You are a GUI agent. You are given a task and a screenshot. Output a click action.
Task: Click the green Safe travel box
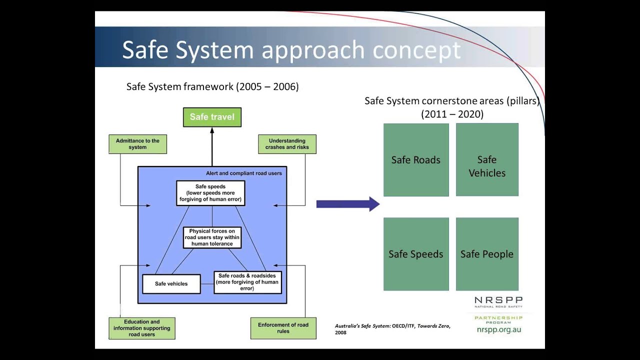tap(212, 117)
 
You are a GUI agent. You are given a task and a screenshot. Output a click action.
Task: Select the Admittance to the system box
tap(137, 144)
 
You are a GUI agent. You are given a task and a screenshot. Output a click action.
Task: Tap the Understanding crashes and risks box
tap(287, 144)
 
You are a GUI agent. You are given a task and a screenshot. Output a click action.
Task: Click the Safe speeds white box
tap(210, 193)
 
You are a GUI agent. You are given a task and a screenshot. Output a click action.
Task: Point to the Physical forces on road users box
tap(212, 237)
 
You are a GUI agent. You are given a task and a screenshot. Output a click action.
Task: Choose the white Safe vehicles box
tap(171, 283)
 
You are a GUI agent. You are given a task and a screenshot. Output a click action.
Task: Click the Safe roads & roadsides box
tap(247, 282)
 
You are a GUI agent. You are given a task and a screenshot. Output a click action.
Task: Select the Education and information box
tap(141, 328)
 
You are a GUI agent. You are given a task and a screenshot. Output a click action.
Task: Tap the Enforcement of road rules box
tap(283, 328)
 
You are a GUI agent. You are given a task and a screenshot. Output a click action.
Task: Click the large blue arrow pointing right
tap(347, 204)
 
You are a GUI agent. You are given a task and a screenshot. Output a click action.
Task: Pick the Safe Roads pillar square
tap(416, 160)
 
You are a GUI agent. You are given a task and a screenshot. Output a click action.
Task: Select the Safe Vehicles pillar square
tap(487, 160)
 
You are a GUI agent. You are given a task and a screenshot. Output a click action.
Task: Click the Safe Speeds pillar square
tap(416, 254)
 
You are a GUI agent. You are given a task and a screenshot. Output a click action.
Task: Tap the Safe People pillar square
tap(487, 254)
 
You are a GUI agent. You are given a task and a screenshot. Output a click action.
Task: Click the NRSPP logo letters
tap(498, 300)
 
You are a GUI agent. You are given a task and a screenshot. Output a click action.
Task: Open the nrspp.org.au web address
tap(498, 329)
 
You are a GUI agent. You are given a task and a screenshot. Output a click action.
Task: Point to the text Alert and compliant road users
tap(244, 173)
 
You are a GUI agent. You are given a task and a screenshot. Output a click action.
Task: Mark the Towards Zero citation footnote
tap(392, 329)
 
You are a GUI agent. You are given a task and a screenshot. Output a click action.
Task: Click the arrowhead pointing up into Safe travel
tap(212, 130)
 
